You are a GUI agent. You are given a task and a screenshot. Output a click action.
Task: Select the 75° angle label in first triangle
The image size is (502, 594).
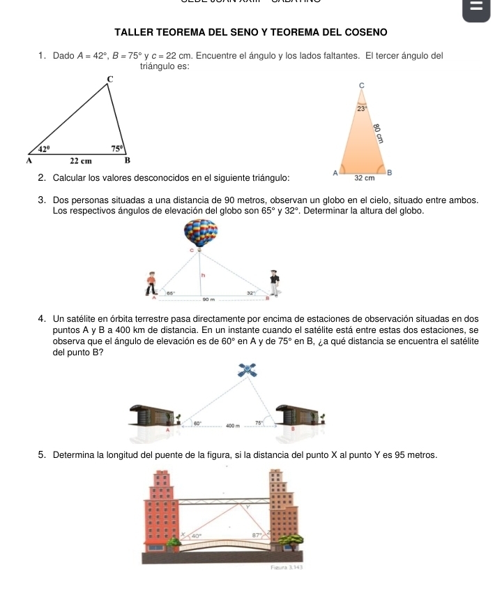pyautogui.click(x=117, y=149)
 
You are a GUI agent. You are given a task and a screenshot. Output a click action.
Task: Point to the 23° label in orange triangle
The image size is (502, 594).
pyautogui.click(x=360, y=109)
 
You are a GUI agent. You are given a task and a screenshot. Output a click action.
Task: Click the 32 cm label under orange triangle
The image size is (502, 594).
pyautogui.click(x=365, y=178)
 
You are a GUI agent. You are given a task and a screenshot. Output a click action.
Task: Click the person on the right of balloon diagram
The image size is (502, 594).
pyautogui.click(x=275, y=283)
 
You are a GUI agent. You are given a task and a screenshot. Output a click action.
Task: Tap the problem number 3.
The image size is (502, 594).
pyautogui.click(x=42, y=201)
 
